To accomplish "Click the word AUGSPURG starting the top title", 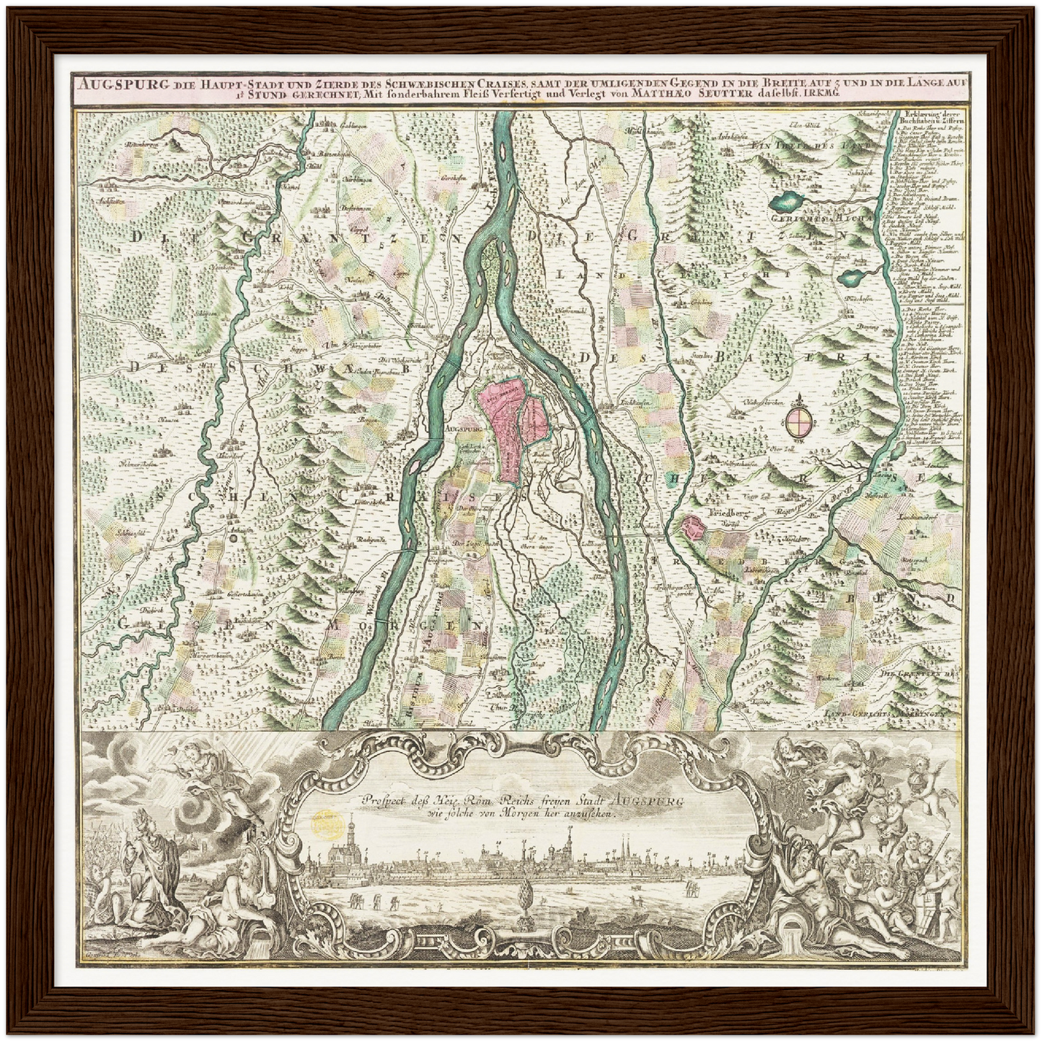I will [x=108, y=82].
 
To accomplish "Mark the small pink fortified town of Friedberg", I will [x=693, y=528].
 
